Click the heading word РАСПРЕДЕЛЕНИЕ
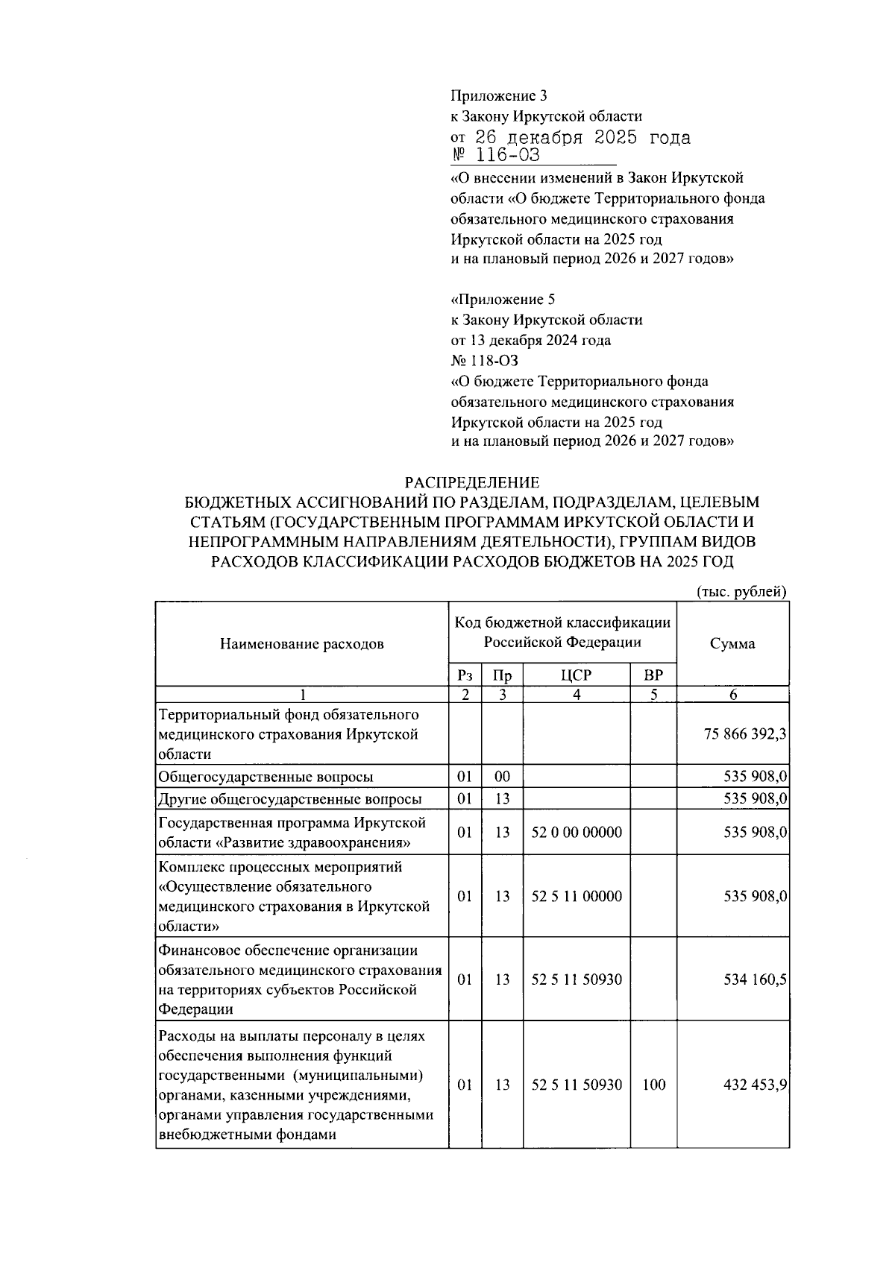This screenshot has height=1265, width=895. click(x=471, y=483)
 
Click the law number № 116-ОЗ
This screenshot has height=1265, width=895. click(x=495, y=156)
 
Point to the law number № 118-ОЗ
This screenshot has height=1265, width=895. click(x=485, y=361)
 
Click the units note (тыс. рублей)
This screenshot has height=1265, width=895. click(x=741, y=592)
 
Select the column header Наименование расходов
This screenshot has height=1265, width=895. click(x=301, y=643)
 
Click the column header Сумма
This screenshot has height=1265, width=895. click(x=732, y=643)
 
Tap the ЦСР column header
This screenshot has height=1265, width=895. click(x=576, y=676)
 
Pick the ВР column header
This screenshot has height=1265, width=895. click(x=653, y=676)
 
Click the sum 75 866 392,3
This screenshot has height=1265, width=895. click(x=744, y=734)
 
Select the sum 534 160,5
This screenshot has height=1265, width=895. click(x=755, y=979)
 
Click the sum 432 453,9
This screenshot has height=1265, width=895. click(x=755, y=1085)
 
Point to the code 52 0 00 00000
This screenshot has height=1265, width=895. click(x=576, y=832)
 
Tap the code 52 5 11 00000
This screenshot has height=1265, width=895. click(x=576, y=896)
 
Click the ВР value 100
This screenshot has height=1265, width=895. click(x=653, y=1085)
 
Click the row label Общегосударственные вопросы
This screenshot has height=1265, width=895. click(x=266, y=777)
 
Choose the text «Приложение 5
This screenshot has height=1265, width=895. click(x=503, y=300)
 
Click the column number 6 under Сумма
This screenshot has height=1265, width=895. click(x=732, y=695)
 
